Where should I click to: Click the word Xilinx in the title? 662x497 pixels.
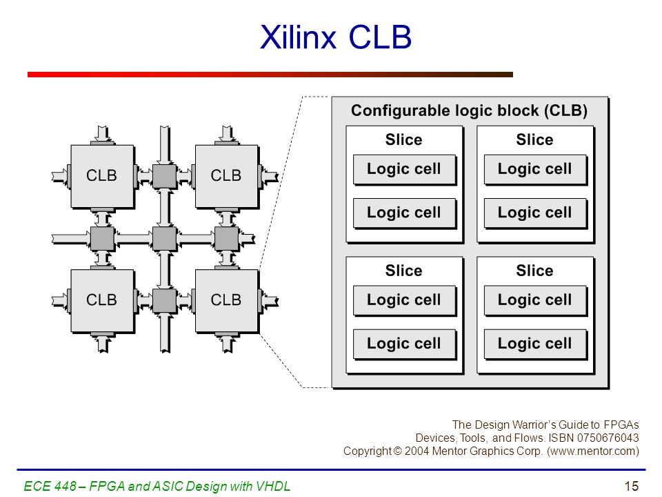pos(298,37)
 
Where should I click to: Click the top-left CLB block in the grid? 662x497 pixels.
pos(103,176)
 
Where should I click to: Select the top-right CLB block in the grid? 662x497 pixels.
pos(227,176)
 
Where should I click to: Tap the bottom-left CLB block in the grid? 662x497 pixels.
pos(103,301)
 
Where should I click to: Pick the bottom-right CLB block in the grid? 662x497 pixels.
pos(227,301)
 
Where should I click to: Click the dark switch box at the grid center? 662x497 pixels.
pos(164,239)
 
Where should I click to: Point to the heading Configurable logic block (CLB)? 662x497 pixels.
pos(469,110)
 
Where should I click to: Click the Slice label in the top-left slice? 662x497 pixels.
pos(403,139)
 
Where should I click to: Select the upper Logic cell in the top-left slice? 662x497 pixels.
pos(405,170)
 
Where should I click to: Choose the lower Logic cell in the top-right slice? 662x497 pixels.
pos(535,213)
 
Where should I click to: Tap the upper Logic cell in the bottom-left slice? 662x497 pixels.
pos(405,300)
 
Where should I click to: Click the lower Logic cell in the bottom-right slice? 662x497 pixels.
pos(535,344)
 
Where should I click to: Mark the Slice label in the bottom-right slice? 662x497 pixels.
pos(534,271)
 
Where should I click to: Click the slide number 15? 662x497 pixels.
pos(632,486)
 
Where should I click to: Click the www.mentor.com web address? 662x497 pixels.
pos(593,451)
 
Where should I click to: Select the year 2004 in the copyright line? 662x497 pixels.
pos(417,451)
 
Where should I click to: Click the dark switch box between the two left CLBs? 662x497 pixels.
pos(102,239)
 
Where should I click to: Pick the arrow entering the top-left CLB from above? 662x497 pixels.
pos(102,135)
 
